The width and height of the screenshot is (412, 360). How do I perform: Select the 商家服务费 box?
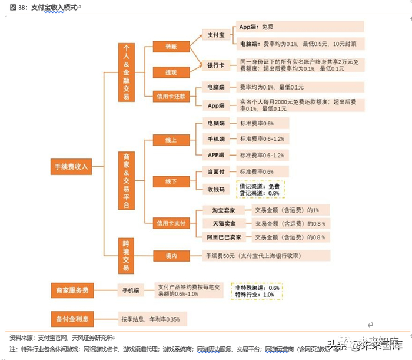click(72, 290)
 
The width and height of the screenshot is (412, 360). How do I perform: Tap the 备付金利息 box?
click(72, 319)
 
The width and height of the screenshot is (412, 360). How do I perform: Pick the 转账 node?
click(171, 46)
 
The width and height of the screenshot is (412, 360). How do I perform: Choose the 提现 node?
click(171, 72)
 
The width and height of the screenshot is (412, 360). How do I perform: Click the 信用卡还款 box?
click(171, 95)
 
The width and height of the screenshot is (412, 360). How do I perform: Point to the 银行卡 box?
click(215, 65)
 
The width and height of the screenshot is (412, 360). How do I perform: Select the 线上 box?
click(171, 140)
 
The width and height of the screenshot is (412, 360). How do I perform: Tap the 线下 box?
click(171, 181)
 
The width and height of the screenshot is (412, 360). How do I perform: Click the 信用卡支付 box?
click(171, 223)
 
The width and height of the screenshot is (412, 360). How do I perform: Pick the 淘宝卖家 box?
click(224, 210)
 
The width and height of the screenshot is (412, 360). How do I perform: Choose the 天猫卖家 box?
click(224, 224)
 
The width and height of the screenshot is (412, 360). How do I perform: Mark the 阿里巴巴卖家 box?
click(224, 237)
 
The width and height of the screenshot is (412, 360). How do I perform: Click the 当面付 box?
click(216, 171)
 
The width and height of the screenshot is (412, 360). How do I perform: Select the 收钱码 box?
click(216, 189)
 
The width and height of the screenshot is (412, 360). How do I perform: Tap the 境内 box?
click(171, 256)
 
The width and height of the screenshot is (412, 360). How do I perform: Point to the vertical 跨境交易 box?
click(125, 255)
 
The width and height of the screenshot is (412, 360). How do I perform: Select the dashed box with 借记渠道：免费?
click(260, 189)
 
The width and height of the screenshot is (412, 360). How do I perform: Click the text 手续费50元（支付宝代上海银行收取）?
click(253, 256)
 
